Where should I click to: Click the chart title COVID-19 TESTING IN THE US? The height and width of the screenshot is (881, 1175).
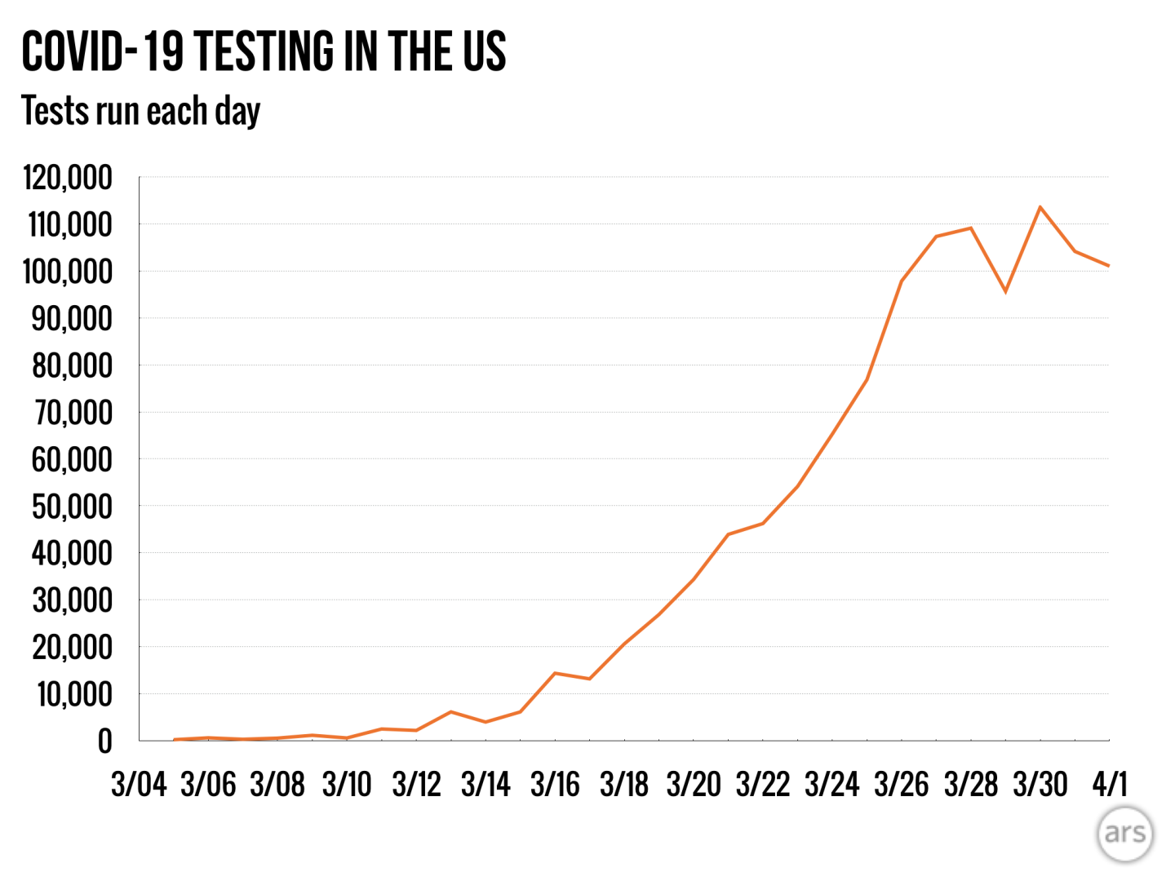pos(264,51)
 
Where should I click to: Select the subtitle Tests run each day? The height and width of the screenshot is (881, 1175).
pos(140,111)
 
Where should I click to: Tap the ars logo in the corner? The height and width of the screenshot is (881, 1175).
pos(1125,833)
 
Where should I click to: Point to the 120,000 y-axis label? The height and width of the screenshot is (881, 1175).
pos(68,177)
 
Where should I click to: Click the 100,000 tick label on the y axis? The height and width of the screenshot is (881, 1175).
pos(68,272)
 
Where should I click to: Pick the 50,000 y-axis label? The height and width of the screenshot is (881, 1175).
pos(72,507)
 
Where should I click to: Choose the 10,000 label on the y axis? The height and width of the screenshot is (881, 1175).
pos(74,694)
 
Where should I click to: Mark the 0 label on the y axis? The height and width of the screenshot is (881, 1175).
pos(104,742)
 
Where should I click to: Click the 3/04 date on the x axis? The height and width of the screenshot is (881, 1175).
pos(139,785)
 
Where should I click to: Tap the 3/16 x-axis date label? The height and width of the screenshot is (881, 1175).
pos(555,785)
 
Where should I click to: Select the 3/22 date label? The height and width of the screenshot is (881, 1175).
pos(763,785)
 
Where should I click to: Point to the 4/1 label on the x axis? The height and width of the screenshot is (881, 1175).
pos(1110,785)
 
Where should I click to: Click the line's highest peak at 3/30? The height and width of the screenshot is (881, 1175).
pos(1040,207)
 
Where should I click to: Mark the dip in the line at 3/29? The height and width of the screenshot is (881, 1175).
pos(1005,291)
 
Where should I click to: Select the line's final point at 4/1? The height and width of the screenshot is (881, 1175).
pos(1108,265)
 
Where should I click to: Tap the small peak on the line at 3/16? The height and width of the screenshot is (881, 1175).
pos(555,673)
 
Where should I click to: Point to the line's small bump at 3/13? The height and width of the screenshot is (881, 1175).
pos(451,712)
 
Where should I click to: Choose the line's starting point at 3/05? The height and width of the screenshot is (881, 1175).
pos(174,739)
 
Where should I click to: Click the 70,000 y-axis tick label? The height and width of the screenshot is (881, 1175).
pos(72,413)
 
